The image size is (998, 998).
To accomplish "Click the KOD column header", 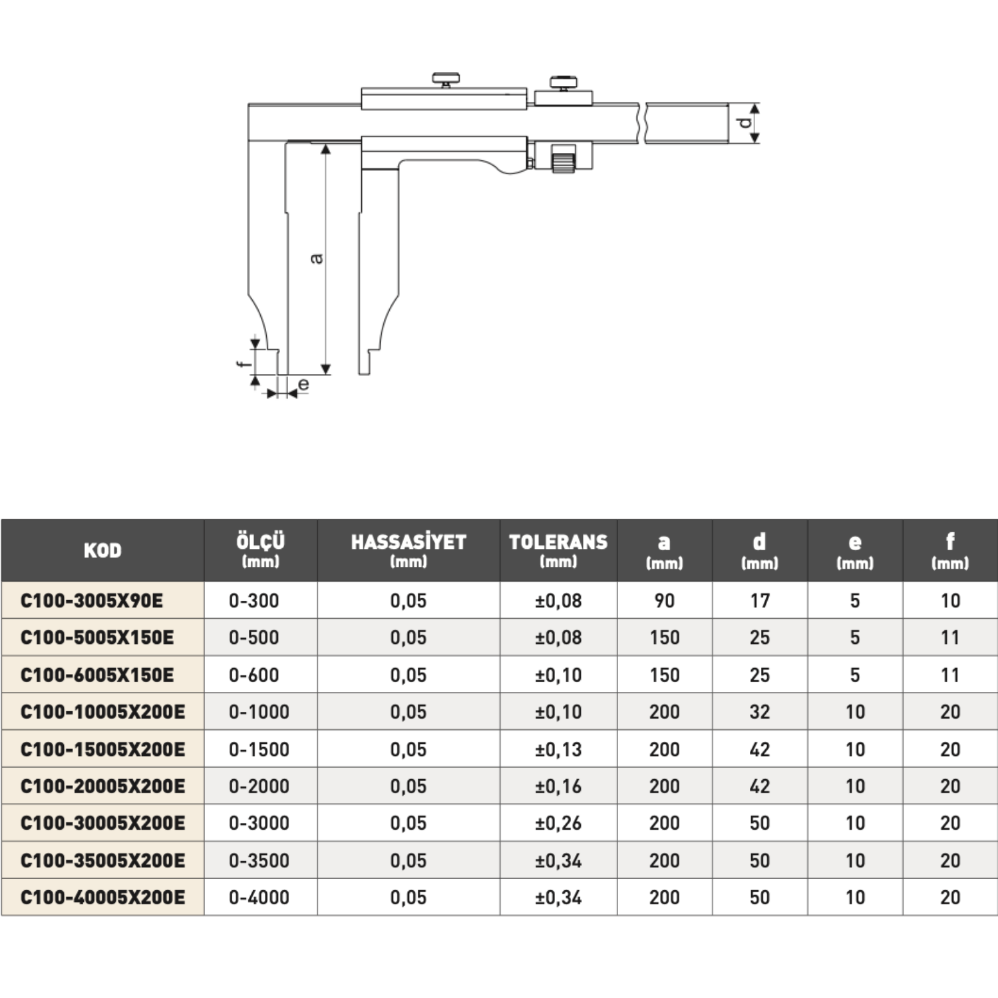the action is (x=102, y=550).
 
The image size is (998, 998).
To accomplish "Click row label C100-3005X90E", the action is (x=92, y=601).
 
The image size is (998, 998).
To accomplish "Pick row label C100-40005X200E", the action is (x=102, y=898).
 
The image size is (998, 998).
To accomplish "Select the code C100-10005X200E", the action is (x=102, y=712).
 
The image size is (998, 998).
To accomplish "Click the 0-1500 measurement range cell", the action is (x=259, y=749).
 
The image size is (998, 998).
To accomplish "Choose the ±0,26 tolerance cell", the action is (x=558, y=823).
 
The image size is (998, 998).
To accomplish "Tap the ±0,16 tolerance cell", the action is (x=558, y=786).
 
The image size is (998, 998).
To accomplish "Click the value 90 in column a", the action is (x=665, y=601).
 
